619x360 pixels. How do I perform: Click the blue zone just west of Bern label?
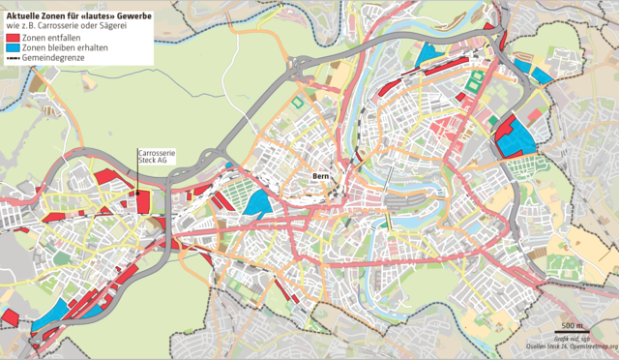[x=259, y=202]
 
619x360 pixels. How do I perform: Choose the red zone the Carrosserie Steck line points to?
[x=142, y=201]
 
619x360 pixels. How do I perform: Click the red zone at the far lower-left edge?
[x=10, y=317]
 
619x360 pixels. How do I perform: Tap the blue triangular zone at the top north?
[x=425, y=55]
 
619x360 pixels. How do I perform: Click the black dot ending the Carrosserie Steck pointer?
[x=136, y=192]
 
